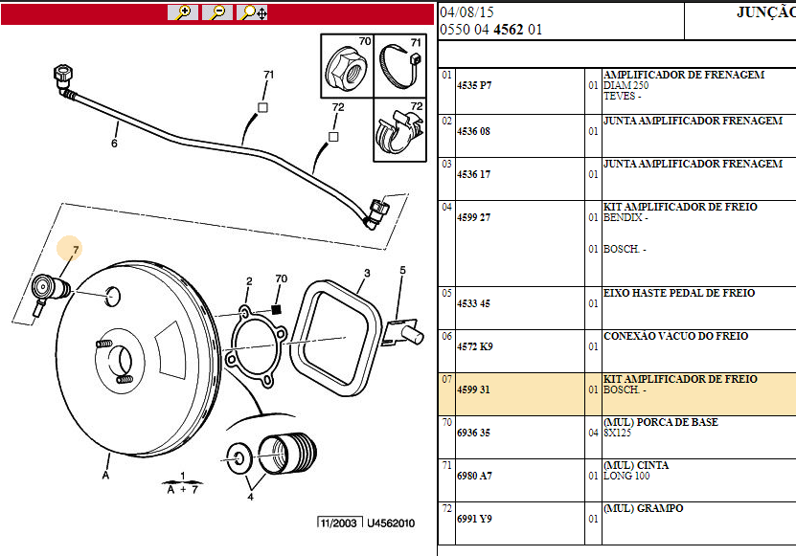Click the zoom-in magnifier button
182,12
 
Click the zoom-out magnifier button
217,12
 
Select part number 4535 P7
472,85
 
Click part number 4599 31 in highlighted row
472,390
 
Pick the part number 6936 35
472,433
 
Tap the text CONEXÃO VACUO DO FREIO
675,337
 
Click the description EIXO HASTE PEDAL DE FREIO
678,294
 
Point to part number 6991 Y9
472,519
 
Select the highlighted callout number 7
76,249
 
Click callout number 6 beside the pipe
114,145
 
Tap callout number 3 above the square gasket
366,274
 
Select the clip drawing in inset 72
397,132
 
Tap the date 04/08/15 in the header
468,12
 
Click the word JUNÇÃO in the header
764,12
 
